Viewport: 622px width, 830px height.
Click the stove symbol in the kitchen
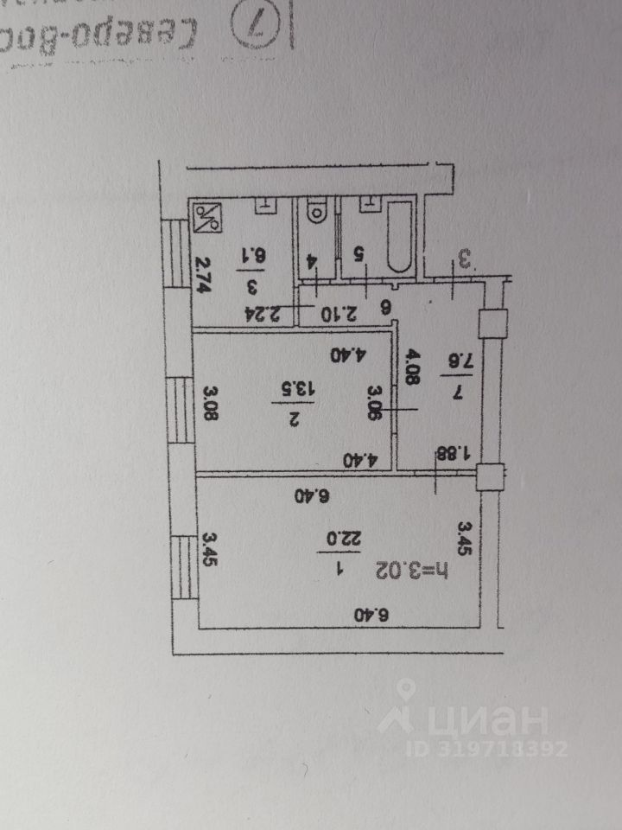(207, 216)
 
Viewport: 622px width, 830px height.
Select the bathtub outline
(398, 234)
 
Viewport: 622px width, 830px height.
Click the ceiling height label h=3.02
(417, 571)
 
